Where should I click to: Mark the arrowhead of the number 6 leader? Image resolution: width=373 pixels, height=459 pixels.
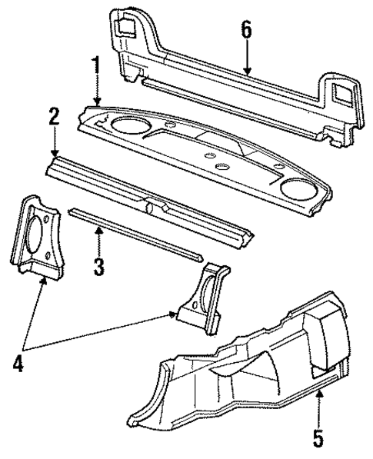246,74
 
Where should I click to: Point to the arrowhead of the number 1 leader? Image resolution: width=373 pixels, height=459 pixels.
96,104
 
